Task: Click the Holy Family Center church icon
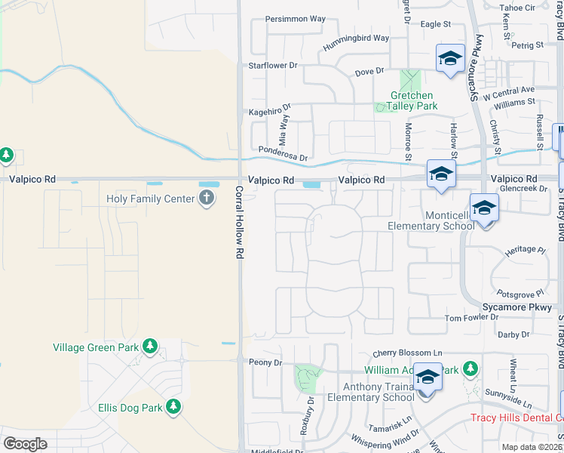207,199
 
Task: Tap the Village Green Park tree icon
150,347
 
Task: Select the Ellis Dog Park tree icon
174,408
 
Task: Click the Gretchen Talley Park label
412,100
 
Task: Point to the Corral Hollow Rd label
238,223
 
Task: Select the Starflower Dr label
273,66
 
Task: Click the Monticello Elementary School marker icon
483,208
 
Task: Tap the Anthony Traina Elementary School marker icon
428,376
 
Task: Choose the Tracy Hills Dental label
516,418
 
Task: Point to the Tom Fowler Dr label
471,318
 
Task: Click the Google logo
25,443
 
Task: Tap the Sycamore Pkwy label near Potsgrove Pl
518,307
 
